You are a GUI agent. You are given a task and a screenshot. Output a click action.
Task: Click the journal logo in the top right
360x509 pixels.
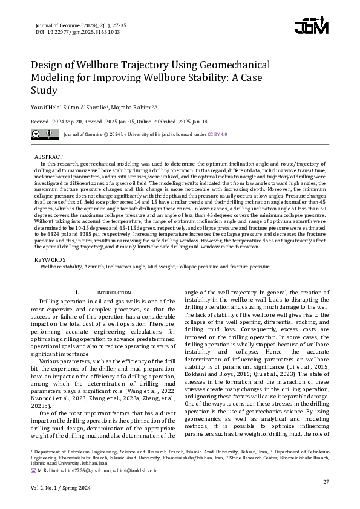coord(312,26)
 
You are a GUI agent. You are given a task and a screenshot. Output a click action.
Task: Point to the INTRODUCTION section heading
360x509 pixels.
coord(114,293)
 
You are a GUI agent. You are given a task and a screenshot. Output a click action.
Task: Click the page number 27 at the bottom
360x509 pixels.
coord(326,481)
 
